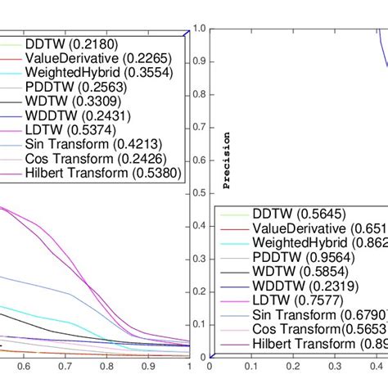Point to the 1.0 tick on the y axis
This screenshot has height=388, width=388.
pyautogui.click(x=197, y=29)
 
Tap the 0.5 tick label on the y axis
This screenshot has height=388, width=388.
pyautogui.click(x=197, y=192)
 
